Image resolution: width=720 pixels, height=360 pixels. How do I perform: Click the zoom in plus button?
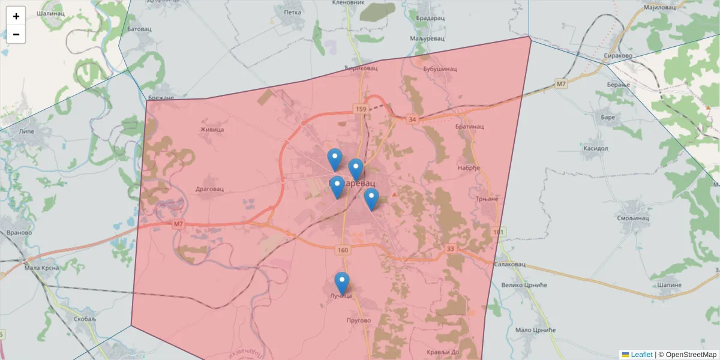pos(16,16)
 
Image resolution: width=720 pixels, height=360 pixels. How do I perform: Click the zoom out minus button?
pos(16,34)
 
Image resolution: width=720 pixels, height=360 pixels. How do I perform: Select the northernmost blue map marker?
pos(335,159)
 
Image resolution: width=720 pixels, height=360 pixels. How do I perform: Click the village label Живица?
pos(212,129)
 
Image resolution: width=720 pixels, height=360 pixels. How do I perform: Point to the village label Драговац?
pos(209,188)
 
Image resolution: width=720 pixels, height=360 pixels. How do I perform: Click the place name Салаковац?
pos(510,264)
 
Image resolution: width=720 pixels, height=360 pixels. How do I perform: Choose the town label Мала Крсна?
pos(41,268)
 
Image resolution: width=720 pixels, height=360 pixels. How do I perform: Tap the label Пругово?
pos(359,320)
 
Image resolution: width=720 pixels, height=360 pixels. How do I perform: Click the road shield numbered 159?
pos(360,109)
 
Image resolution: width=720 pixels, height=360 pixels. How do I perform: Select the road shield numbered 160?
pos(343,250)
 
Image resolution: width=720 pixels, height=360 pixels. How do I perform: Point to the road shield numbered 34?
pos(412,119)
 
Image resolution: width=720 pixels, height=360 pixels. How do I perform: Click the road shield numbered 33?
pos(451,248)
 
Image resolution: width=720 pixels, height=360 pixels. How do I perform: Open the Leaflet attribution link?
pos(641,355)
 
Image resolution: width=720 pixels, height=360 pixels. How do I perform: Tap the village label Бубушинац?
pos(440,69)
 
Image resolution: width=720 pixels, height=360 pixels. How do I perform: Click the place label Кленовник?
pos(348,3)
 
